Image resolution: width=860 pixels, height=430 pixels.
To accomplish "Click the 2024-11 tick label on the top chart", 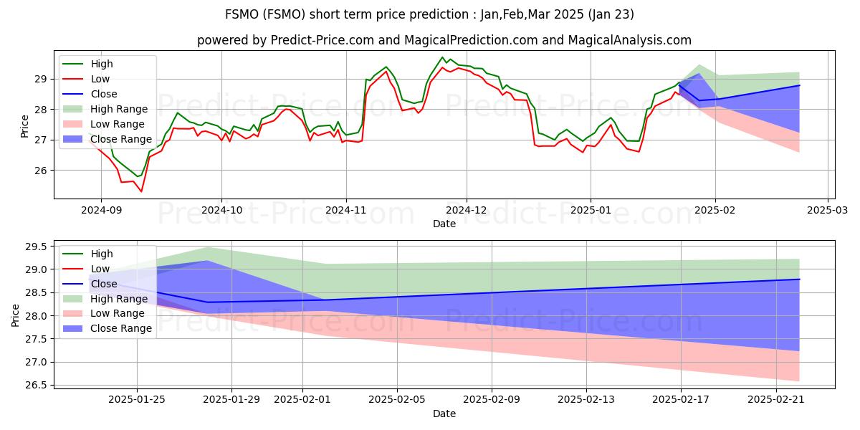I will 346,211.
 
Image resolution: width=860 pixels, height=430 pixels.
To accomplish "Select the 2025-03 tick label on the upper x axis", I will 828,211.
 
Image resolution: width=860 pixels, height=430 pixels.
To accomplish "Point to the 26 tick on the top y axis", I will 42,171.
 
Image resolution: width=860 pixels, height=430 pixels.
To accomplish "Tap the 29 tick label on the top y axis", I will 42,79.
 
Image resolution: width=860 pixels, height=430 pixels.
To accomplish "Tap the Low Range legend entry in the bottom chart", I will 118,313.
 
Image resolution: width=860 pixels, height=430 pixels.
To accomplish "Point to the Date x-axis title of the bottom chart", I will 444,414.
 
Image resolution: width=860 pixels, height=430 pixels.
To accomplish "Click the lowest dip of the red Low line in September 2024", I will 141,191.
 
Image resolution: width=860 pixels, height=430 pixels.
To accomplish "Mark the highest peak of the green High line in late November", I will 442,57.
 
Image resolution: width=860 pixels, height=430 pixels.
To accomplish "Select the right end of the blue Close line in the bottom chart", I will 799,279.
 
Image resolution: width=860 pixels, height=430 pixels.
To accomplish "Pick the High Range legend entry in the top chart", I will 119,109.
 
